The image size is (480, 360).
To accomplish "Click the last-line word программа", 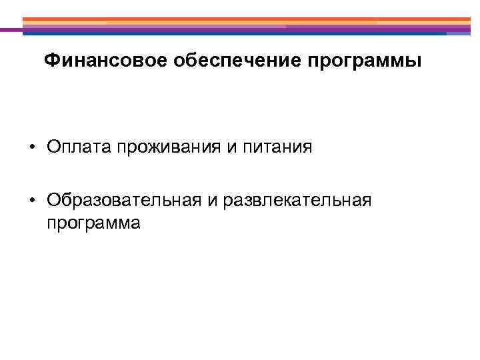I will (x=93, y=223).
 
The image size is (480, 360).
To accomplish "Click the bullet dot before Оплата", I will (x=31, y=147).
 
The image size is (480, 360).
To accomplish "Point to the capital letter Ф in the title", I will (x=51, y=62).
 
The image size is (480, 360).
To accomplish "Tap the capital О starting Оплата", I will (x=53, y=147).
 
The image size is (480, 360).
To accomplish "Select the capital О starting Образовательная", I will (x=53, y=201).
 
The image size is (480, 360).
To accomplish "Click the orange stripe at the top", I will (x=247, y=19).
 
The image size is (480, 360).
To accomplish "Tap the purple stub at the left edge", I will (x=10, y=29).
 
